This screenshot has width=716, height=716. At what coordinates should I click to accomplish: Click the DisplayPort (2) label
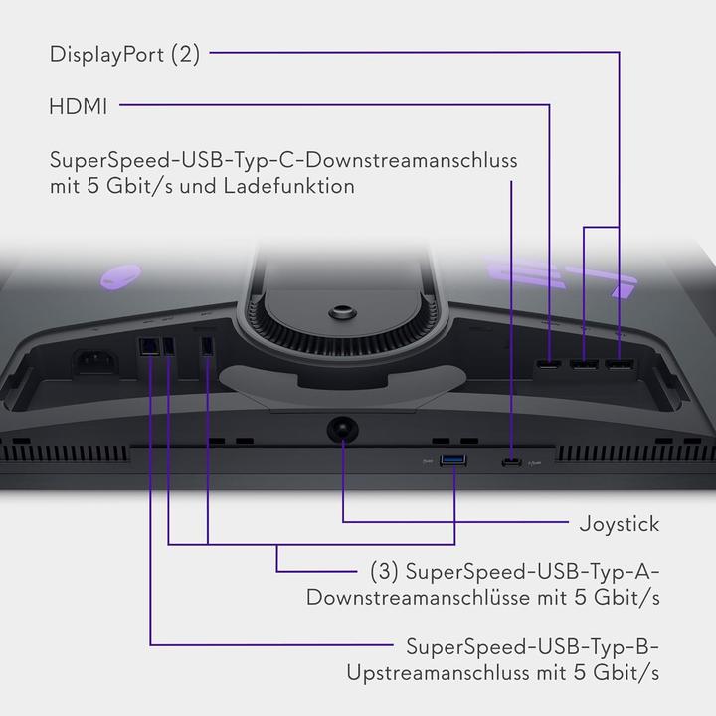click(124, 54)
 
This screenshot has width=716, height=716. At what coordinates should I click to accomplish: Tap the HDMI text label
click(79, 107)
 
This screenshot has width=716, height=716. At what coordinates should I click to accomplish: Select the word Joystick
click(620, 524)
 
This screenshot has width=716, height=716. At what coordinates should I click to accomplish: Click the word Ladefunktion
click(289, 186)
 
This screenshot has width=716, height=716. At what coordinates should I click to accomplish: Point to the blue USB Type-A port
click(452, 460)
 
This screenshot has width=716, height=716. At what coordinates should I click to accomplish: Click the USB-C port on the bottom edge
click(511, 463)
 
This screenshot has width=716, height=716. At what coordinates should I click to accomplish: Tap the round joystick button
click(342, 430)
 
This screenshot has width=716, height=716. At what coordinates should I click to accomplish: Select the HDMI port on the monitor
click(548, 364)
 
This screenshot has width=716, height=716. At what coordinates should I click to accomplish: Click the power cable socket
click(95, 362)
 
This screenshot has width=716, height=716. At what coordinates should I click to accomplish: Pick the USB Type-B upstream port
click(149, 347)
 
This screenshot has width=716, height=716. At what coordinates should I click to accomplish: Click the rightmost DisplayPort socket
click(620, 364)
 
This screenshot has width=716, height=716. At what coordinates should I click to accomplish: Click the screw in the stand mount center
click(342, 313)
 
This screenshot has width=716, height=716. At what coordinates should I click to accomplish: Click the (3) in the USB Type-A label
click(384, 571)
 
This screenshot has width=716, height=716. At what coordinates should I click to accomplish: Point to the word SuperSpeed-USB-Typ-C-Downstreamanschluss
click(283, 160)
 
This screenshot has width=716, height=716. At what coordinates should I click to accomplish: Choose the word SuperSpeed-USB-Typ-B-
click(532, 647)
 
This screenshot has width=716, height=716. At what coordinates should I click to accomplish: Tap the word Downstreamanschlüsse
click(418, 598)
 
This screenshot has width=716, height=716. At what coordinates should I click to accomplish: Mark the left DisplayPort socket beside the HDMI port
click(584, 364)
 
